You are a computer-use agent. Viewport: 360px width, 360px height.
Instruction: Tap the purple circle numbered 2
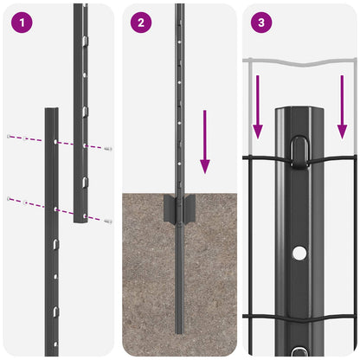(x=141, y=23)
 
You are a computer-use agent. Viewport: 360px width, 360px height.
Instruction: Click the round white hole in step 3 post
(x=299, y=253)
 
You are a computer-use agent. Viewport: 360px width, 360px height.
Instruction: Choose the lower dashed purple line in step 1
(x=56, y=209)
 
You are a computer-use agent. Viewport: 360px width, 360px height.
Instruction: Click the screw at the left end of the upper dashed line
(x=9, y=137)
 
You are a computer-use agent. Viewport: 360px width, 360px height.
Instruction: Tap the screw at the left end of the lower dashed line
(x=9, y=199)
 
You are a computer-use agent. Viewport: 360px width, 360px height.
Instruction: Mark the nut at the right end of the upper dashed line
(x=108, y=149)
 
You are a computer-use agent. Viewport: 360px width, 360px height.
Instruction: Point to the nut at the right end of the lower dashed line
(x=108, y=221)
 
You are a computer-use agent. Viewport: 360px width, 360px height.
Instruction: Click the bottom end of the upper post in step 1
(x=80, y=220)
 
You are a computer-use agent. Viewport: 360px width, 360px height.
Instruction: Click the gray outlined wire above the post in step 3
(x=299, y=61)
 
